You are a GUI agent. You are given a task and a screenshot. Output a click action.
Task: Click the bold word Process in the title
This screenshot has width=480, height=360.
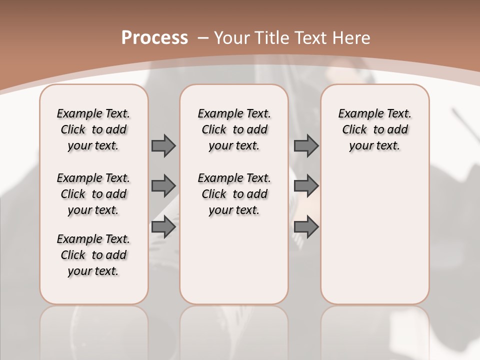click(x=154, y=38)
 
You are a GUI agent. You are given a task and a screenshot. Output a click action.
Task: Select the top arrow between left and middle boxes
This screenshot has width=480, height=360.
click(x=163, y=145)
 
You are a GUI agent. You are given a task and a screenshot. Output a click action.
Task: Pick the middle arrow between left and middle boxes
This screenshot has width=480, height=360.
click(x=163, y=186)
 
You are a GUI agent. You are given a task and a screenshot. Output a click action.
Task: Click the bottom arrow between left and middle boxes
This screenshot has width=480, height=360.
click(x=163, y=227)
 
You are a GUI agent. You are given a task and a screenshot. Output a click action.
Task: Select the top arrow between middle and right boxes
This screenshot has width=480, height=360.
click(x=306, y=145)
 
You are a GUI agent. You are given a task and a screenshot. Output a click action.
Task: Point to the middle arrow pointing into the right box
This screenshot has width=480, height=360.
click(x=306, y=186)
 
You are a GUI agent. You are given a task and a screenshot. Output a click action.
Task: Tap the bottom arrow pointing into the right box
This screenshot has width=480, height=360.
click(x=306, y=227)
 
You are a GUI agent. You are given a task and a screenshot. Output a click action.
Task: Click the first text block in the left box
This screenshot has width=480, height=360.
click(x=93, y=129)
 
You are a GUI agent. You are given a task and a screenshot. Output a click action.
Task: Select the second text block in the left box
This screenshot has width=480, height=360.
click(x=93, y=194)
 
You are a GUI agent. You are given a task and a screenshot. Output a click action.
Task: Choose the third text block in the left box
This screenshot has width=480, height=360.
click(x=93, y=255)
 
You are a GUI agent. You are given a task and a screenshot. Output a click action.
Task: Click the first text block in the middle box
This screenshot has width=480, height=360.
click(x=234, y=129)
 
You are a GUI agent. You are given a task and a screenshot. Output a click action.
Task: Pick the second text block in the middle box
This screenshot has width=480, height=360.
click(x=234, y=194)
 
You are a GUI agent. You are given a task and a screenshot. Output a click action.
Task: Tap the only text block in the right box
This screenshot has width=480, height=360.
click(x=374, y=129)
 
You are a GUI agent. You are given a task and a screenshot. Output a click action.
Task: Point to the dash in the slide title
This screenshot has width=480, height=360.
click(x=203, y=38)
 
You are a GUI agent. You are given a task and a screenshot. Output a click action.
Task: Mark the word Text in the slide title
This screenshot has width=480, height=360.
click(x=311, y=38)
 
